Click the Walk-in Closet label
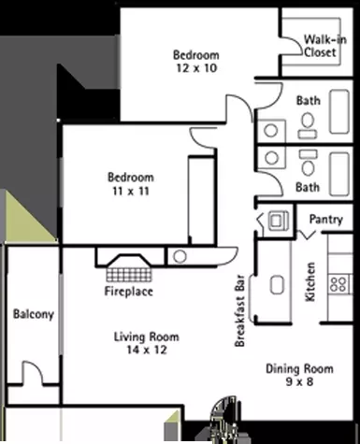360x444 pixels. pos(324,46)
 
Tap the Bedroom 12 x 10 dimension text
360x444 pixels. pos(196,68)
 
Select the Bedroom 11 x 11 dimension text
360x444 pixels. pos(131,191)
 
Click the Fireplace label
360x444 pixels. pos(128,292)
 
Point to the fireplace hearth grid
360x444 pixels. pos(129,274)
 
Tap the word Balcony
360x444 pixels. pos(34,314)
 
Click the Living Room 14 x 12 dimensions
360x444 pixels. pos(147,350)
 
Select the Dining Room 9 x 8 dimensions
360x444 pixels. pos(299,381)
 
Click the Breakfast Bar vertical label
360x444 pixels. pos(240,310)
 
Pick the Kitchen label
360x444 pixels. pos(310,281)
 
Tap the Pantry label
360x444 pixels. pos(326,220)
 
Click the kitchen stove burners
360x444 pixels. pos(339,284)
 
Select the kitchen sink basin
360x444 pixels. pos(277,284)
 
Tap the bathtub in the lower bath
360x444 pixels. pos(339,174)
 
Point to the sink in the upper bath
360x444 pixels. pos(271,131)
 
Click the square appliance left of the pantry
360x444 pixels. pos(279,221)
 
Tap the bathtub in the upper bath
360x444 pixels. pos(339,111)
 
